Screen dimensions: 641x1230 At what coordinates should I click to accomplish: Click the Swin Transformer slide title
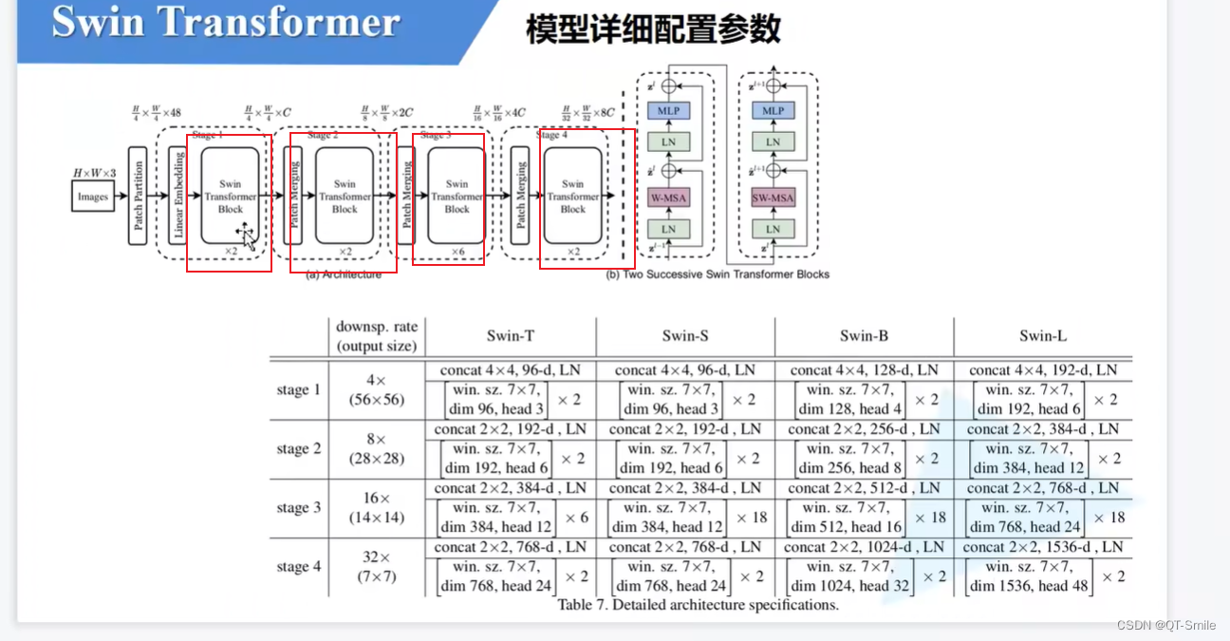point(225,23)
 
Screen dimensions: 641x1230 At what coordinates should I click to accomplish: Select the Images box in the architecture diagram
point(93,198)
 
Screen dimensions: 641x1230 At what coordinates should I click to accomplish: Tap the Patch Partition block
point(138,197)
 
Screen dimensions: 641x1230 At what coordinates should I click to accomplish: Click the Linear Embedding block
point(177,197)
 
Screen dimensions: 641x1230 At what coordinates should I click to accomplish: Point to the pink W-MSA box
point(668,198)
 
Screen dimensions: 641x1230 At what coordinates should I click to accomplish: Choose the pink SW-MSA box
point(773,198)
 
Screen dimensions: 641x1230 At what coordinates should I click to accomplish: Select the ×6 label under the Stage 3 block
point(457,251)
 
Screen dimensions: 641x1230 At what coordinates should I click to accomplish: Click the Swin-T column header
point(511,335)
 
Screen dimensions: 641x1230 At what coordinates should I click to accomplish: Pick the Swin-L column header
point(1043,335)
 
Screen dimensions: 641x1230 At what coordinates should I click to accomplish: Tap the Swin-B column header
point(864,335)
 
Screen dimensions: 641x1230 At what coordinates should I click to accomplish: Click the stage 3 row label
point(299,508)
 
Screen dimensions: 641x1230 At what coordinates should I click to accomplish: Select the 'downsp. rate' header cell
point(377,336)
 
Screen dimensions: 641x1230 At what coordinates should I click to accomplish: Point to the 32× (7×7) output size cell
point(377,567)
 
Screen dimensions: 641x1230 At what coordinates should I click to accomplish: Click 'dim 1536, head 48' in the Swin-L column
point(1029,586)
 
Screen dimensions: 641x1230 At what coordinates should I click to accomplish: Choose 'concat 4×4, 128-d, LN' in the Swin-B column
point(864,370)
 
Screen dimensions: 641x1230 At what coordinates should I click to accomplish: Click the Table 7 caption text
point(698,605)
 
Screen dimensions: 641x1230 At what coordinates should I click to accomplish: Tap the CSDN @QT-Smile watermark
point(1165,625)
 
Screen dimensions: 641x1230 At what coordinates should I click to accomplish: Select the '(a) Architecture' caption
point(344,274)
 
